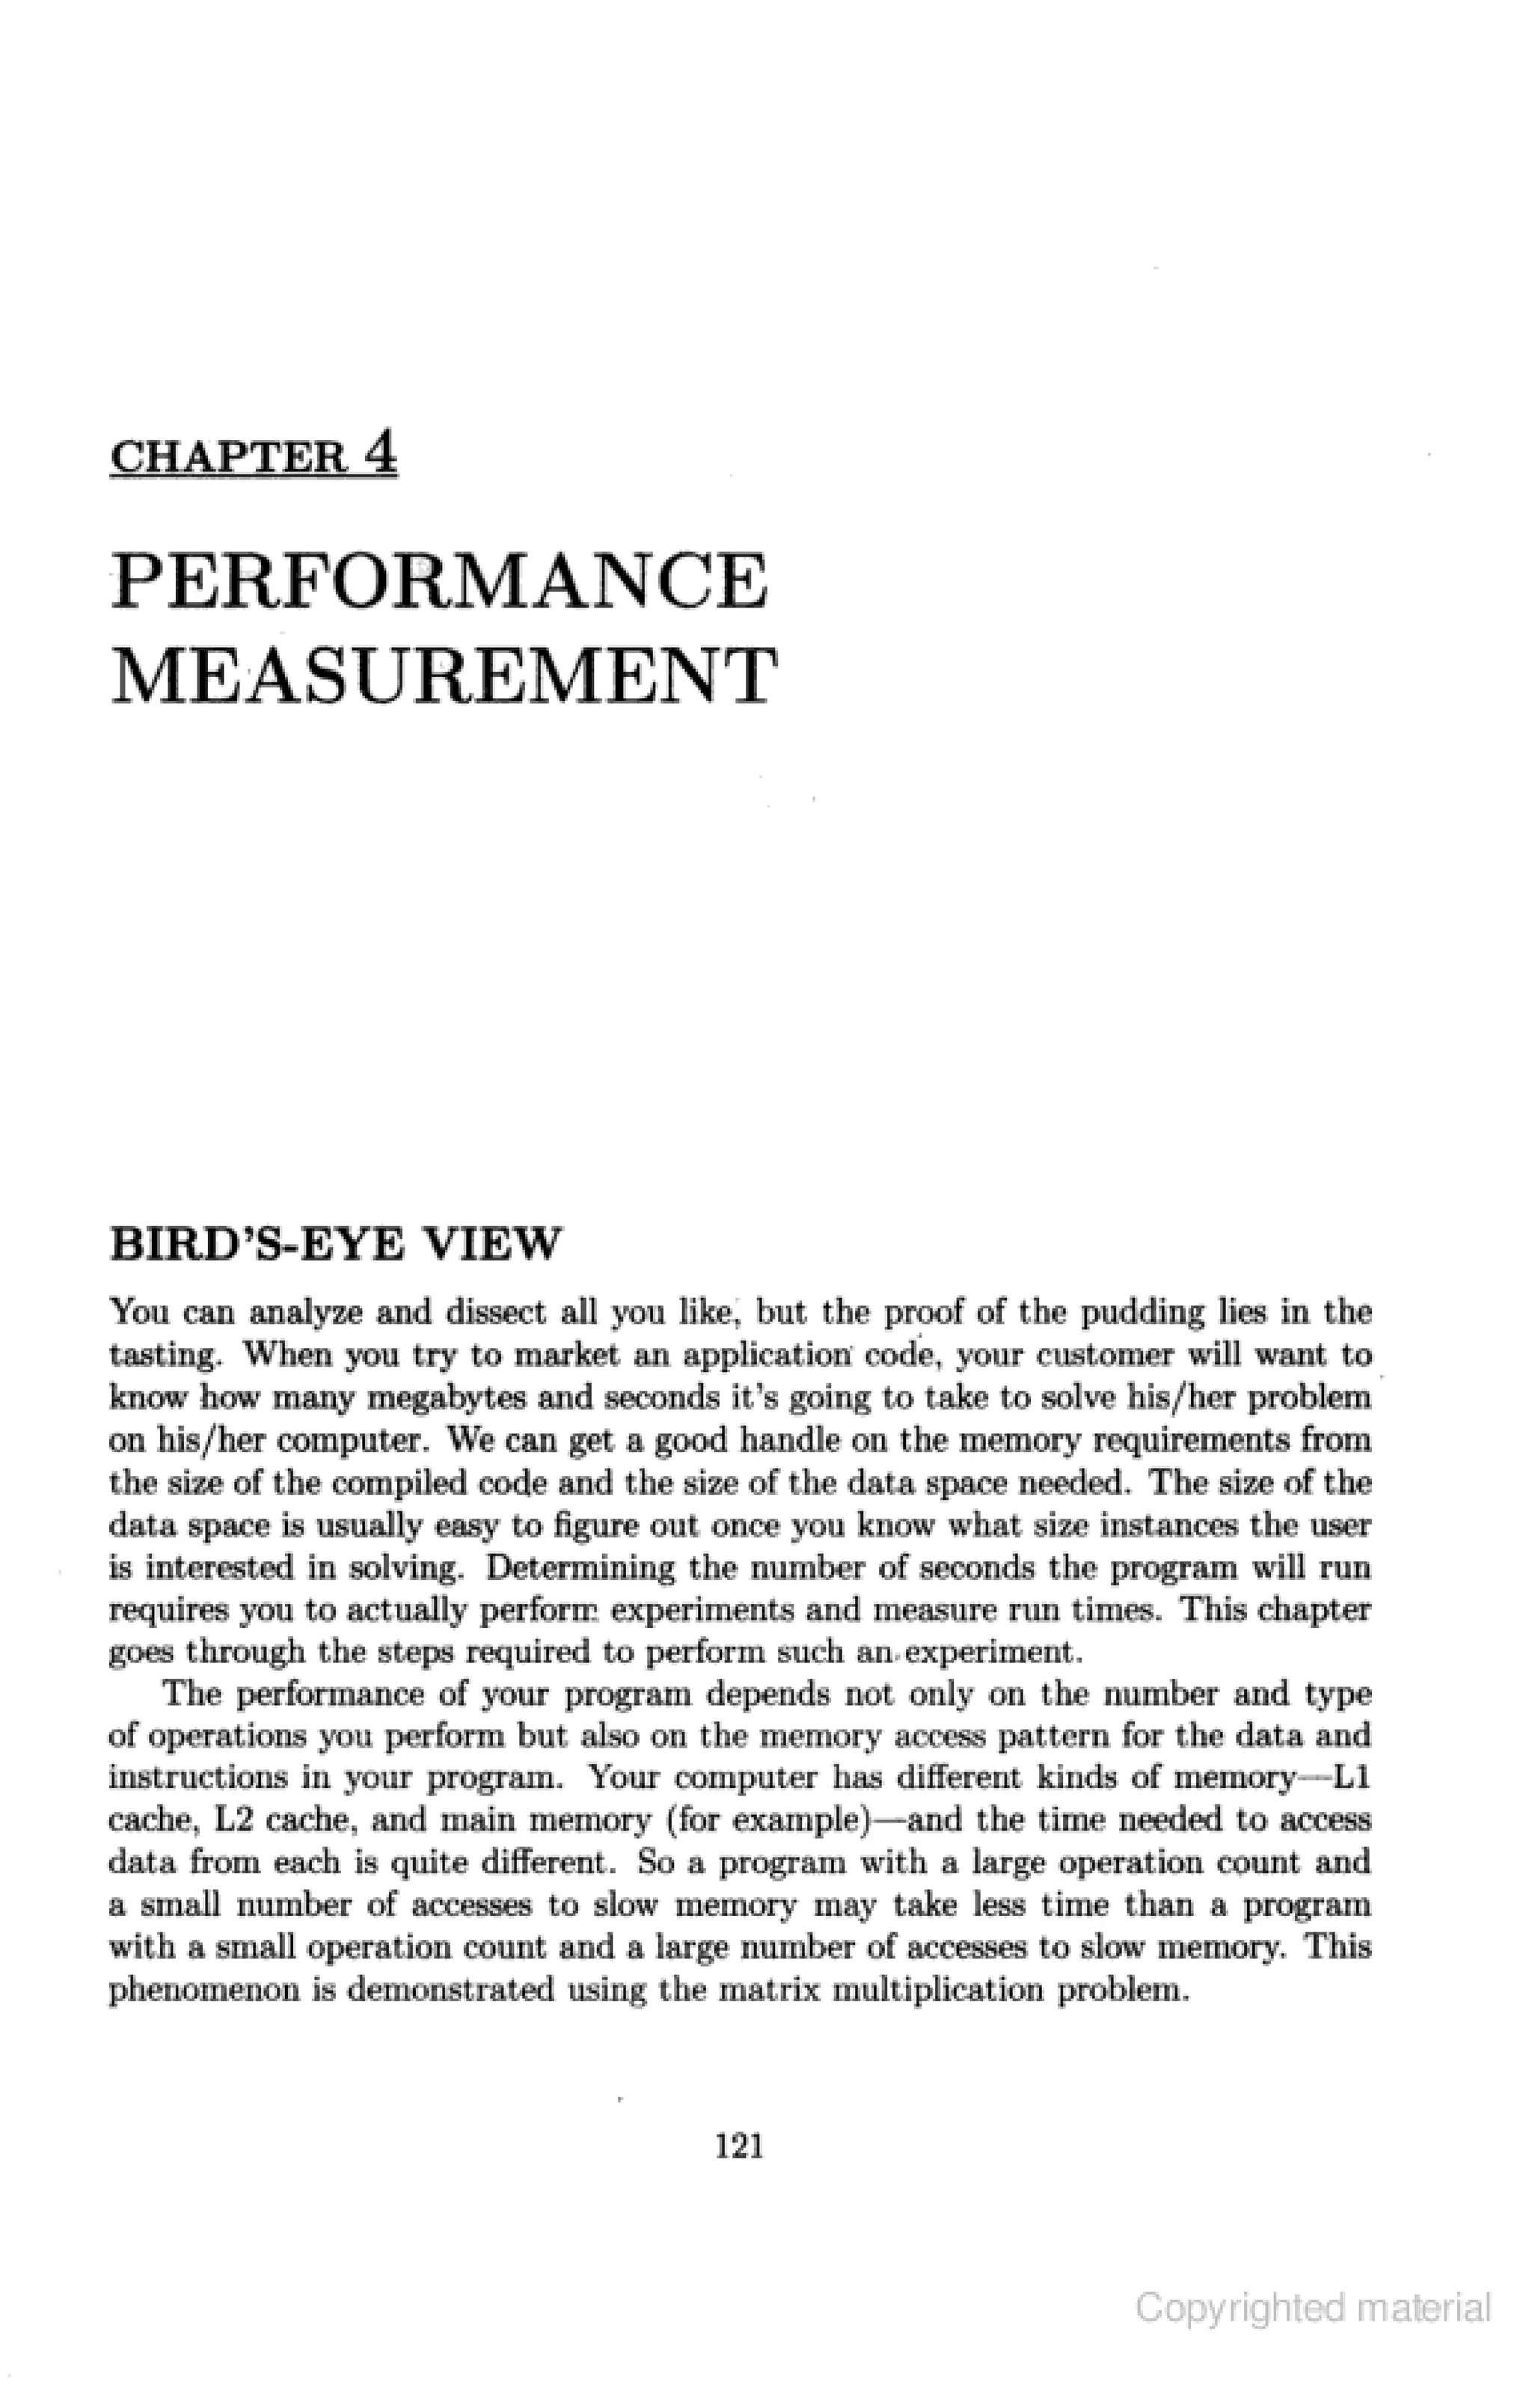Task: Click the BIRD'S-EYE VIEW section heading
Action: pos(335,1244)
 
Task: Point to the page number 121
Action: pos(739,2149)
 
